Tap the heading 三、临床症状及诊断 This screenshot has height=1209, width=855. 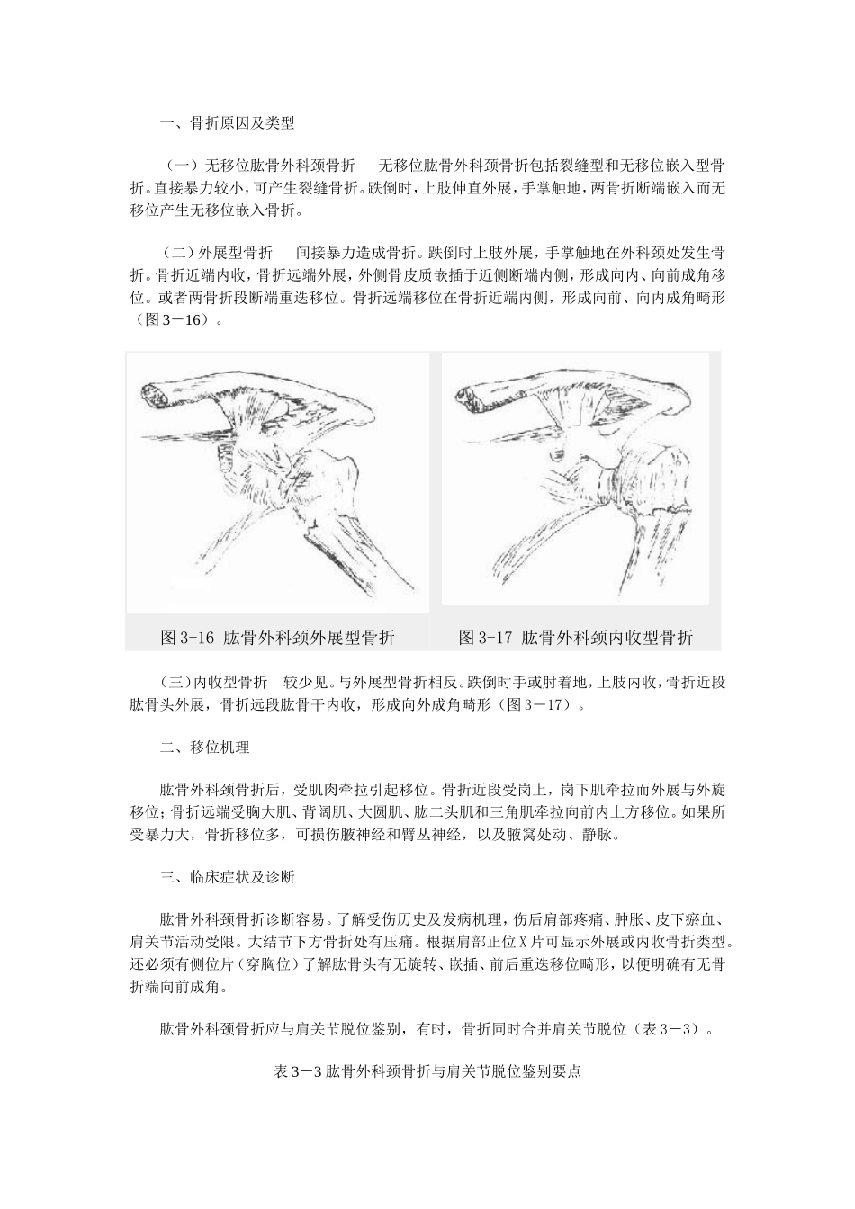[x=226, y=876]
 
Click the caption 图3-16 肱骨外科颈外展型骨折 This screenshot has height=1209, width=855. [x=278, y=638]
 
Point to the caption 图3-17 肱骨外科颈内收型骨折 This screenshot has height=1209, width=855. [x=576, y=638]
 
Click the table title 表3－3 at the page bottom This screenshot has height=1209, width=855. [x=427, y=1072]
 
